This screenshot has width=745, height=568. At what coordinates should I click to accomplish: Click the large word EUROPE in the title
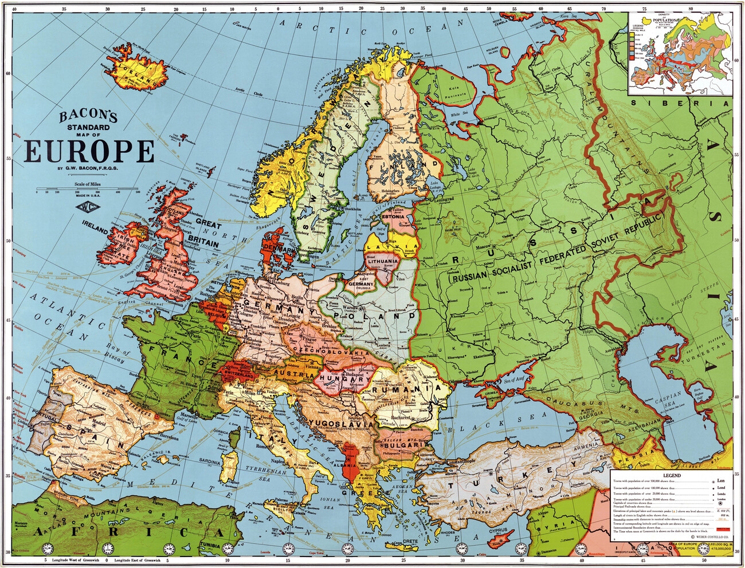89,152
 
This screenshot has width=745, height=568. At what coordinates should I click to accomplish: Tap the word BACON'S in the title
88,117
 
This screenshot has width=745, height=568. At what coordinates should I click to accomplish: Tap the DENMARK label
279,250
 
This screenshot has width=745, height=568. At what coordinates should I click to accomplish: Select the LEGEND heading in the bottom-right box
672,475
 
